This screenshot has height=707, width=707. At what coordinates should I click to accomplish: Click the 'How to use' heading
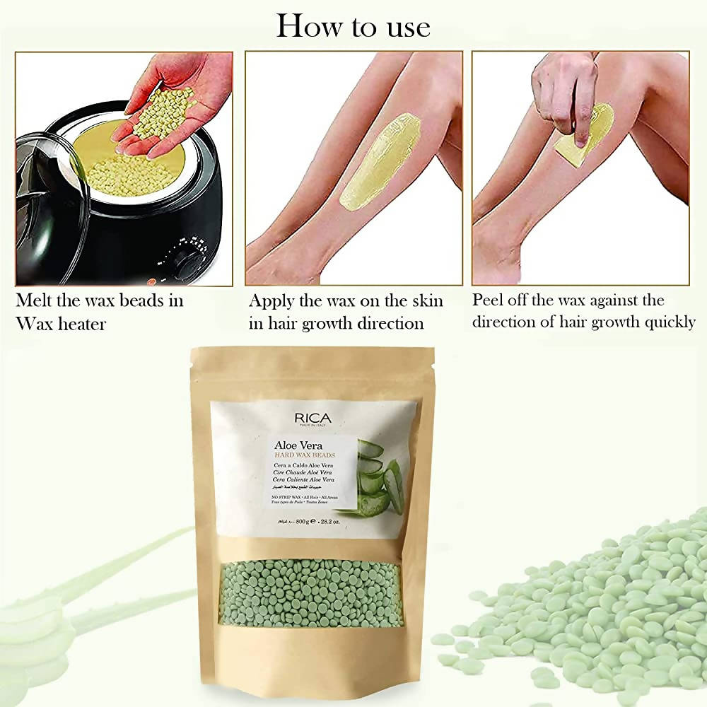[353, 26]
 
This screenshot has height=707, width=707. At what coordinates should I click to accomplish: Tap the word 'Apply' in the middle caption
[271, 301]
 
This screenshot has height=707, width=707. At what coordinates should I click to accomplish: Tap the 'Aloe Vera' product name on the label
[298, 445]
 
